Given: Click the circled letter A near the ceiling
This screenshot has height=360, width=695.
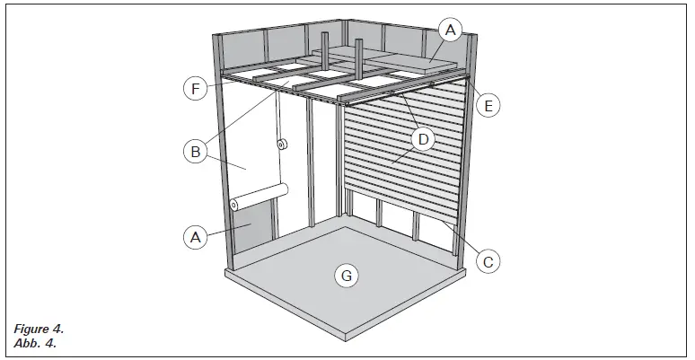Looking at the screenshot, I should (451, 31).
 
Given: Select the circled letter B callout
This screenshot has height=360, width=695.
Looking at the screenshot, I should (195, 152).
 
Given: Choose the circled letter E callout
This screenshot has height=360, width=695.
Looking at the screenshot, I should (488, 105).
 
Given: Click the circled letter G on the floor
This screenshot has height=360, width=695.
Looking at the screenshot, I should (344, 275).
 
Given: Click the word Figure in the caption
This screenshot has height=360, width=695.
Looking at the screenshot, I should (30, 331).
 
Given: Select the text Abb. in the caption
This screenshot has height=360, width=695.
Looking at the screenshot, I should (24, 344).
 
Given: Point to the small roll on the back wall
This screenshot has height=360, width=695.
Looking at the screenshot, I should (281, 144).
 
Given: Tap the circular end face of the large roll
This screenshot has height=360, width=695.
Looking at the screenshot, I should (234, 206).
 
